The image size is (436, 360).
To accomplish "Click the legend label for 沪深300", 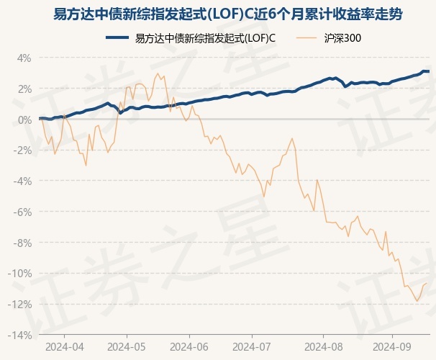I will click(x=342, y=38).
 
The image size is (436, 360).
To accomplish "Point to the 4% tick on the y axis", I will click(x=24, y=58).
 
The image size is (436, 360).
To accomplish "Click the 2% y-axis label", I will click(x=24, y=89).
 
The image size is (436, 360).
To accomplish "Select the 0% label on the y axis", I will click(x=24, y=120).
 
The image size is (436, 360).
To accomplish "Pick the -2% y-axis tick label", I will click(x=23, y=150).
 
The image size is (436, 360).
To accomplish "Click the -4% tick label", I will click(x=23, y=181).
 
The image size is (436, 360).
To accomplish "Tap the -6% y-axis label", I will click(x=23, y=212).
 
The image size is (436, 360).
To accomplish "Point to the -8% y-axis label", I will click(x=23, y=243).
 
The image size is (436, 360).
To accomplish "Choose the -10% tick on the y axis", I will click(x=21, y=274).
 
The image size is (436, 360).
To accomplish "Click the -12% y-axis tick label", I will click(x=21, y=304).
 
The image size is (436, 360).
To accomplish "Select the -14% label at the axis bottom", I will click(x=21, y=335).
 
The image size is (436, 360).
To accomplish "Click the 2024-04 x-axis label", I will click(x=64, y=346).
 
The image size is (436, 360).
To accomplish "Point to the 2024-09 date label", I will click(x=392, y=346).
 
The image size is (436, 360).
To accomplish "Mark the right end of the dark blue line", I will click(x=429, y=71).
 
